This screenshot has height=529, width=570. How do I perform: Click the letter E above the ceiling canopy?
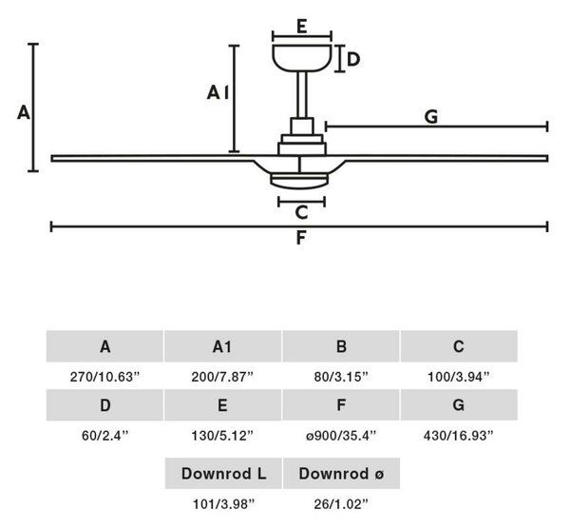point(302,27)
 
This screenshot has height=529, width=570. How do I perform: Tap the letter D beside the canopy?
point(353,59)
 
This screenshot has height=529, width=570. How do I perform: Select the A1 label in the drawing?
point(218,92)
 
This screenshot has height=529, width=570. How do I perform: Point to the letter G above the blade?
point(431,117)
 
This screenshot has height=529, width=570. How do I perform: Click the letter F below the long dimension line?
point(301,238)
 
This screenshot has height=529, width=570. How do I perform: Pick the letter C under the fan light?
point(302,212)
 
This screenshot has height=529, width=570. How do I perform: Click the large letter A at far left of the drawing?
point(23,112)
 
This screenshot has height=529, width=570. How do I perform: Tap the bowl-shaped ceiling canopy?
point(302,58)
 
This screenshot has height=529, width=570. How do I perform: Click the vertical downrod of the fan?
point(302,94)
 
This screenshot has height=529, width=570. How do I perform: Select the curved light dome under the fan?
point(299,182)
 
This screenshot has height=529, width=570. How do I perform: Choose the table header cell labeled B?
point(341,346)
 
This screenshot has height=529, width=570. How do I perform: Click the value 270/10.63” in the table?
point(105,377)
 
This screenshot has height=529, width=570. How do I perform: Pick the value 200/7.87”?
point(222,377)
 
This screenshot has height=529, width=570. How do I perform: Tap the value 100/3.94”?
point(459,377)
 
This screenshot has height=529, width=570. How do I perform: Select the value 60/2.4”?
point(105,436)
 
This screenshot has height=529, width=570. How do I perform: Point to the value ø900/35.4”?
point(341,436)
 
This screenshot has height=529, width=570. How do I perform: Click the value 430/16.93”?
point(459,436)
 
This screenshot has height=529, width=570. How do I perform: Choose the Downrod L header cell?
point(223,473)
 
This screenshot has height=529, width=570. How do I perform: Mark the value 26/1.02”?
point(341,504)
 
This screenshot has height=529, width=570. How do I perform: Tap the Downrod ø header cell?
point(341,473)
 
